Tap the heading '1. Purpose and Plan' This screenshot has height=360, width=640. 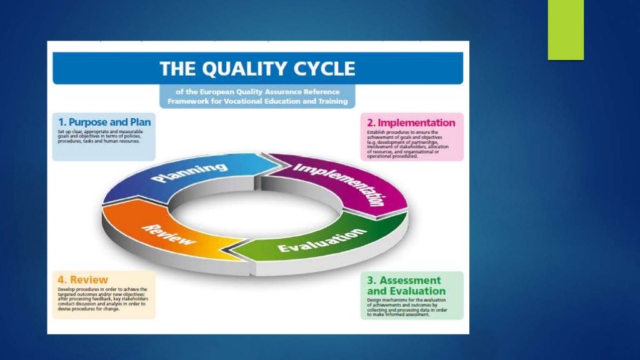click(104, 122)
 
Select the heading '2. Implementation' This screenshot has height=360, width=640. click(412, 122)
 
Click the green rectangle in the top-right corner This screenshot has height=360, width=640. click(566, 30)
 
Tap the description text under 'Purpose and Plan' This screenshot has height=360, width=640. click(100, 137)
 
